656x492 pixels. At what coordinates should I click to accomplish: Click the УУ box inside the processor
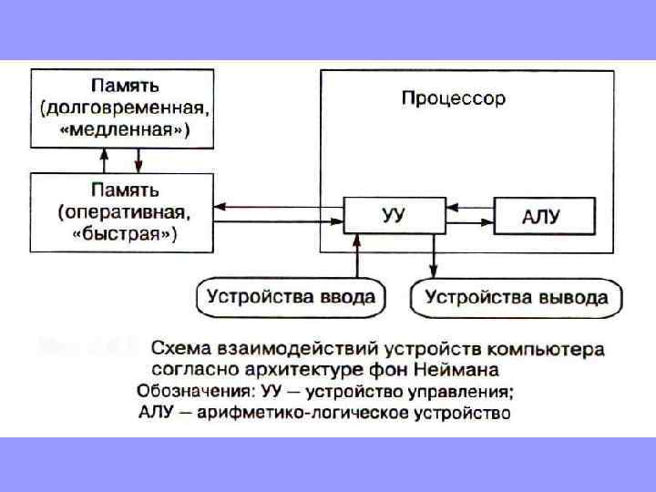click(x=394, y=216)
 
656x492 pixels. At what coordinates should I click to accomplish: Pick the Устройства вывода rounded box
click(x=517, y=297)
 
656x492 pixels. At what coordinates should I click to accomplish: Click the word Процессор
click(x=453, y=97)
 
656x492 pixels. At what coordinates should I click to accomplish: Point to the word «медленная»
click(x=127, y=130)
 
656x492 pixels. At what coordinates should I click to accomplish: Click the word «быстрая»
click(x=125, y=233)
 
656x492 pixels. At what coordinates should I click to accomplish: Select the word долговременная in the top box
click(x=129, y=108)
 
